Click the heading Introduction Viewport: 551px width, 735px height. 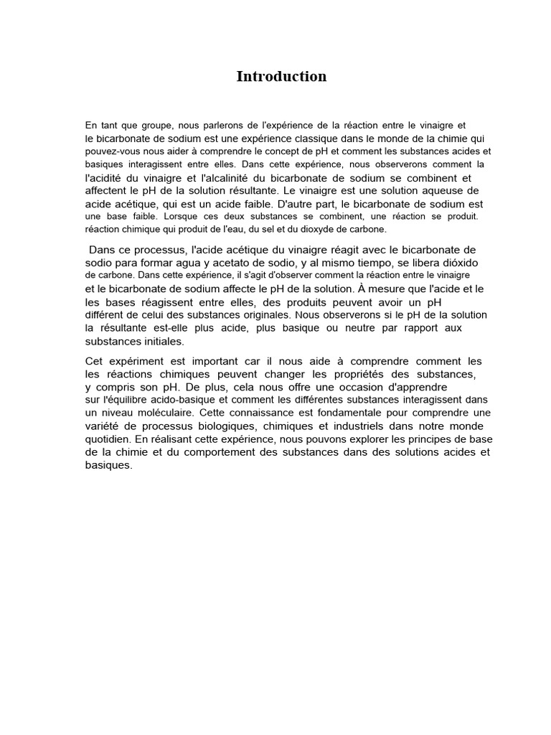pos(281,77)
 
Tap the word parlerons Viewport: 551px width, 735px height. pos(218,126)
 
